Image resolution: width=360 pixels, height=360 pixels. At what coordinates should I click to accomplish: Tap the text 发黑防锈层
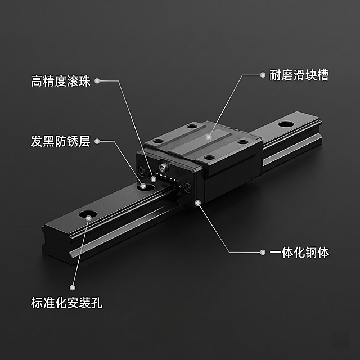point(60,142)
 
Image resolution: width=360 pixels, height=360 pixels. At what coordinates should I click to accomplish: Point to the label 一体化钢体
point(299,253)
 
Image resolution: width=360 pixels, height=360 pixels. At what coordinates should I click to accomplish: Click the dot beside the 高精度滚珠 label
point(97,81)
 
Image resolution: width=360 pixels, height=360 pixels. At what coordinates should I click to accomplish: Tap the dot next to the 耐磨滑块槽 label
point(262,74)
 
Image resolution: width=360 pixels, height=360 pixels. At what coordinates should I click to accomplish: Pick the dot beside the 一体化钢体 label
point(262,253)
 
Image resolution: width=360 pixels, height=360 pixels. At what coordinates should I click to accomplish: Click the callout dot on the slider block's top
point(209,136)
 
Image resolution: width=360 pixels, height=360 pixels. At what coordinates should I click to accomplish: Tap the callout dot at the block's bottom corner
point(197,201)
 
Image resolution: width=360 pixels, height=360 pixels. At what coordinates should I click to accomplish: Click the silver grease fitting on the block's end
point(164,166)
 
